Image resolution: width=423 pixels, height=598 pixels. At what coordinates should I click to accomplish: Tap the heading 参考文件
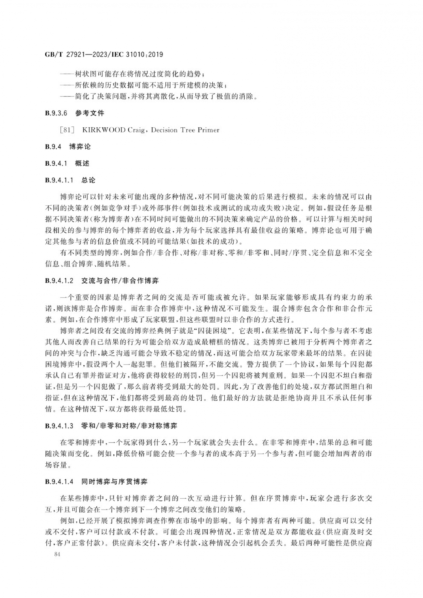(90, 113)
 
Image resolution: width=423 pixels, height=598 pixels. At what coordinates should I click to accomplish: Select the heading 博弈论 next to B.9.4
(80, 147)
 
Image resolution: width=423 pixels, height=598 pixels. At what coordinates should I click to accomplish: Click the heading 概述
(82, 164)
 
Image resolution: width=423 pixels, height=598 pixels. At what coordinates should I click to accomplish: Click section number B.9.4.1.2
(59, 281)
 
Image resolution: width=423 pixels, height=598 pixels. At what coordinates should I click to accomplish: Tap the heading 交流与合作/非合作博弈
(120, 281)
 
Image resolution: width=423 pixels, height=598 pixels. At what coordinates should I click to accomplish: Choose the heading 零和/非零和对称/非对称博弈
(129, 426)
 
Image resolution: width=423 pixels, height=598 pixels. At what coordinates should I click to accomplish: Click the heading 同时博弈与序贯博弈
(114, 482)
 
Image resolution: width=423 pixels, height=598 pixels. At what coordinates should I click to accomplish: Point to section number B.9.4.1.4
(59, 482)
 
